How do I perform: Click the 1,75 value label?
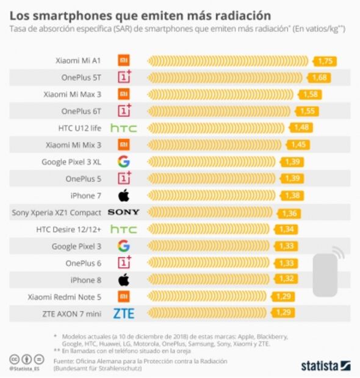[x=325, y=61]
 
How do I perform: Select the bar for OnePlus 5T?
[x=226, y=77]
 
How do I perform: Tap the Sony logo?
[x=123, y=212]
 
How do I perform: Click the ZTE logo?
[x=123, y=313]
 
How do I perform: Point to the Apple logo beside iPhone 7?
[x=123, y=196]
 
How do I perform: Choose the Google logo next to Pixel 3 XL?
[x=123, y=162]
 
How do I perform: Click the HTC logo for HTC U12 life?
[x=123, y=128]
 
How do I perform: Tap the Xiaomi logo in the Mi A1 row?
[x=123, y=61]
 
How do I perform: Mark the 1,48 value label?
[x=301, y=128]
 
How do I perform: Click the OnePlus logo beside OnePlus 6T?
[x=124, y=111]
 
